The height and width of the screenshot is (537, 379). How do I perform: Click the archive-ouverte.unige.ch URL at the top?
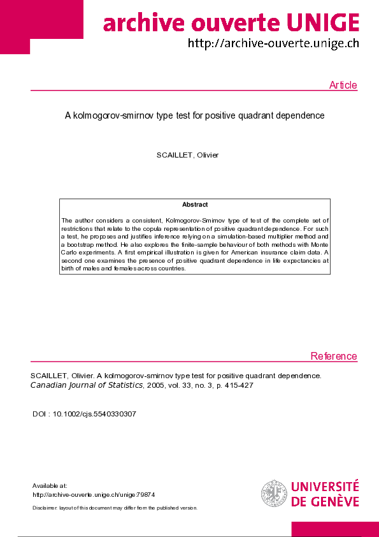point(273,43)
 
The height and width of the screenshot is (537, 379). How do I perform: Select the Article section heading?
point(343,85)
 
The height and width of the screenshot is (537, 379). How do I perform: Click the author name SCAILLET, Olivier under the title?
point(188,156)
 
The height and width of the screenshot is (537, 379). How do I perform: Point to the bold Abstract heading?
point(195,205)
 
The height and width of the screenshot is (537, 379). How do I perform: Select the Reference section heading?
point(334,357)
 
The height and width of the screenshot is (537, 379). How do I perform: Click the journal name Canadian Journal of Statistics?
point(87,385)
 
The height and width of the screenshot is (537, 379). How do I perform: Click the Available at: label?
point(50,486)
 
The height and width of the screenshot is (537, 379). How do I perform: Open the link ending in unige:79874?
point(94,495)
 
